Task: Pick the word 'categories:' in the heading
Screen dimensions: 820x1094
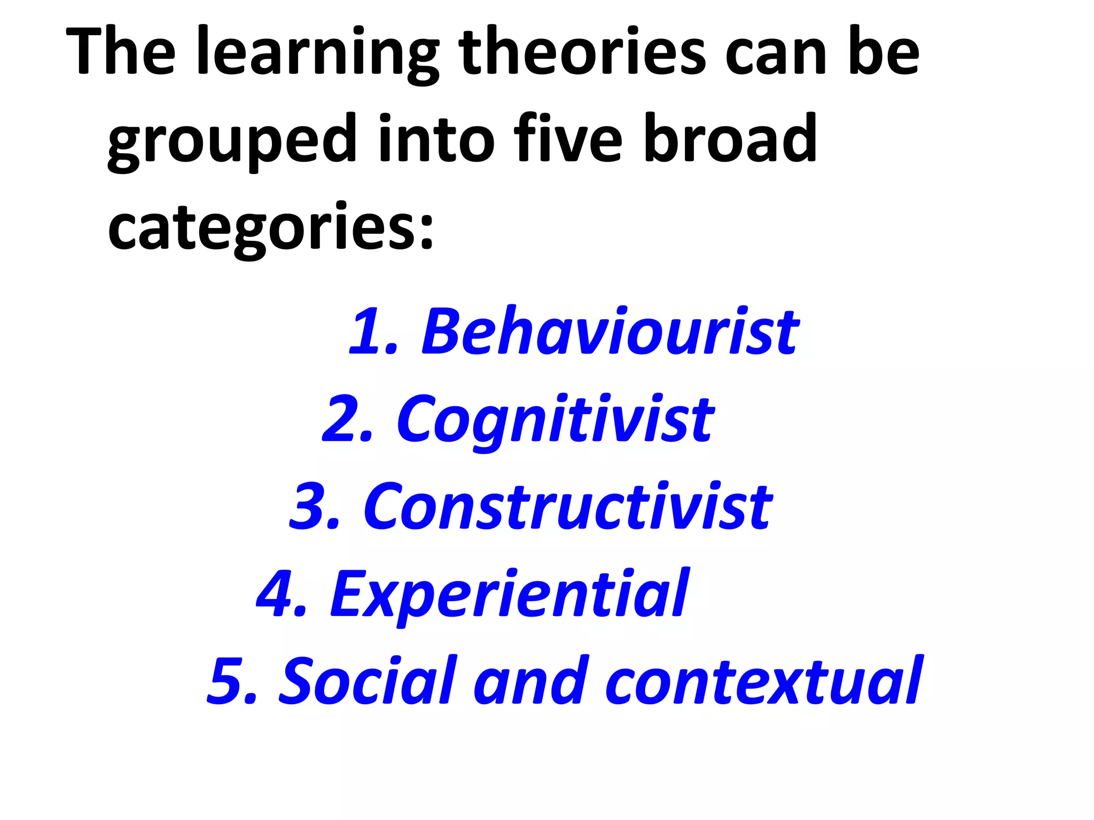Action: (270, 228)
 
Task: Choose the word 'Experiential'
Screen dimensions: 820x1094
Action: (510, 595)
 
